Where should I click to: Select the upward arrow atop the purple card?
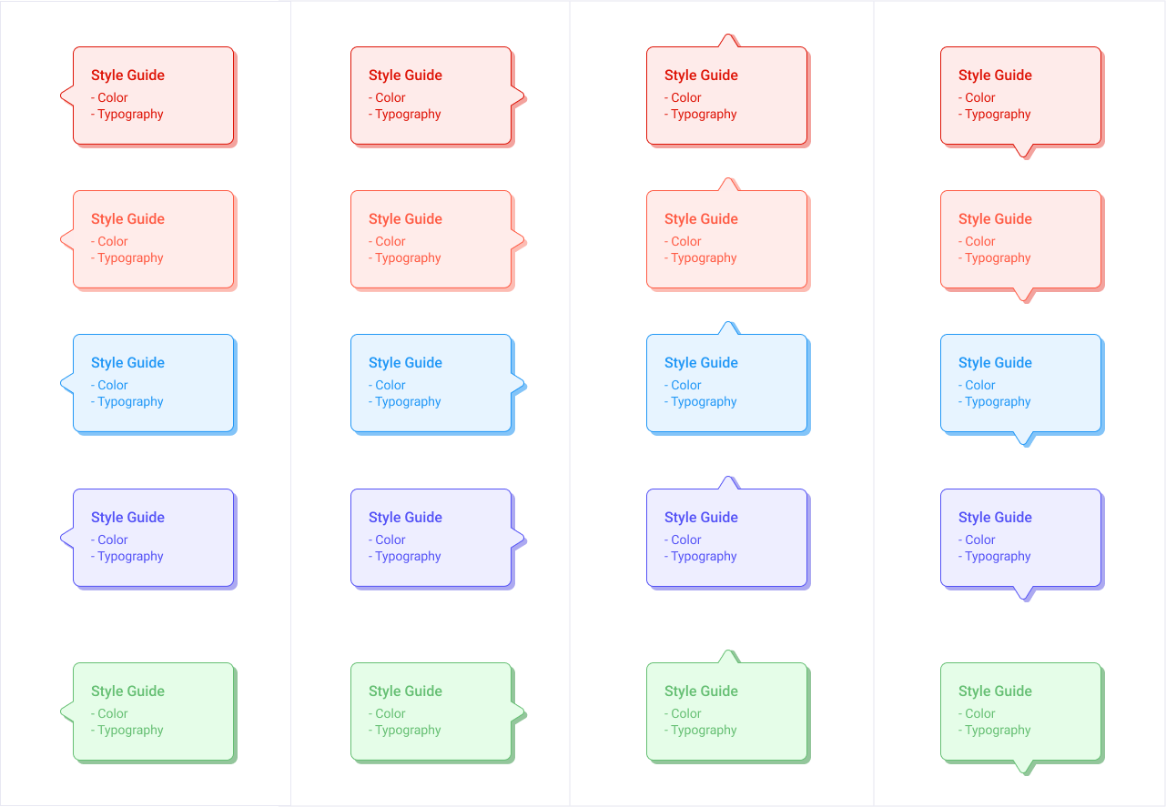728,484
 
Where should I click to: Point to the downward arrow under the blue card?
1025,439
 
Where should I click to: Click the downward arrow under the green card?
1025,767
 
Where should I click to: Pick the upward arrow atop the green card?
728,658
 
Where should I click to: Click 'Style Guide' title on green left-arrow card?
127,691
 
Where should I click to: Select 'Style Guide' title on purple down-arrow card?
995,518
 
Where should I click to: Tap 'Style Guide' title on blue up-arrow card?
701,363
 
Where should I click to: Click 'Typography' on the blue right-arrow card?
408,402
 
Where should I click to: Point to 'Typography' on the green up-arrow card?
704,731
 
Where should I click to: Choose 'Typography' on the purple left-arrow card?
130,557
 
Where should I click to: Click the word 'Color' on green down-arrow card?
980,714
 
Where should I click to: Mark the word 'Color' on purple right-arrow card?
390,540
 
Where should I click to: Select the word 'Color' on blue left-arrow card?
113,386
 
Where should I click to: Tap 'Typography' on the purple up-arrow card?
704,557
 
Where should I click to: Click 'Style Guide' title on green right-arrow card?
405,691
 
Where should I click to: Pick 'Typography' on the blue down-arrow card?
998,402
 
